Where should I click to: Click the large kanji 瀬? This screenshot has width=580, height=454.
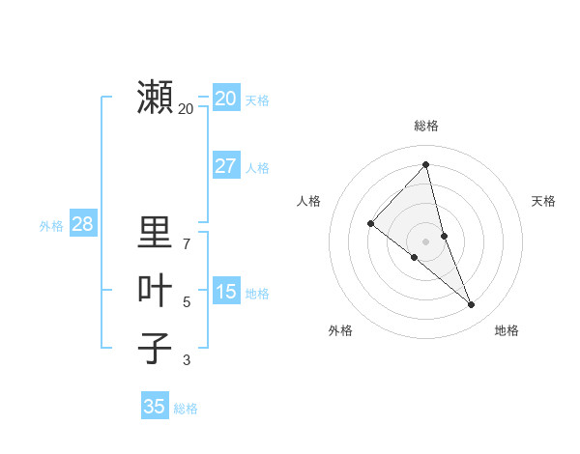[x=155, y=98]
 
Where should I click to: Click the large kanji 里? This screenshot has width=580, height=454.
[x=155, y=233]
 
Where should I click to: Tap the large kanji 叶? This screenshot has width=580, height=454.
[x=155, y=291]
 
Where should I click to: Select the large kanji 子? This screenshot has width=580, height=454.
[x=155, y=349]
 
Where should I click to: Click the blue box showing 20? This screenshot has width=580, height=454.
[x=226, y=98]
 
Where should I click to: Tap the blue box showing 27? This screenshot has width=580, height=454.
[x=226, y=166]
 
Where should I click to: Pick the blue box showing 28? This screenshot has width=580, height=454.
[x=82, y=224]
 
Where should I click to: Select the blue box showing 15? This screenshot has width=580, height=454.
[x=226, y=292]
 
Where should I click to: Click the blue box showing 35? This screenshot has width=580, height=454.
[x=155, y=407]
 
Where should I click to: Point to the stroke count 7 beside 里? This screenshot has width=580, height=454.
[x=187, y=243]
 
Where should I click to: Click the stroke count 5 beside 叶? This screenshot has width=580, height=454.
[x=187, y=302]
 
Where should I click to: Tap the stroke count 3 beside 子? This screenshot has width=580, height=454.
[x=187, y=360]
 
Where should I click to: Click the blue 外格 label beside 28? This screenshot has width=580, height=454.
[x=51, y=226]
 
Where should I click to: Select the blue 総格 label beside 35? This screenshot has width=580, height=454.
[x=186, y=409]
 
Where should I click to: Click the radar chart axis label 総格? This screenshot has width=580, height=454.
[x=426, y=126]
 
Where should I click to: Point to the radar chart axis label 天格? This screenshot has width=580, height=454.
[x=543, y=201]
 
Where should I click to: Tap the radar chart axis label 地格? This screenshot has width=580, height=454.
[x=507, y=330]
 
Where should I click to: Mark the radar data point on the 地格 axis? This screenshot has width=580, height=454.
[x=471, y=304]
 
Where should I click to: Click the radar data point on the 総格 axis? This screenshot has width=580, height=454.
[x=425, y=165]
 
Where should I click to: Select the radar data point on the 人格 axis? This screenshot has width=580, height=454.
[x=370, y=223]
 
